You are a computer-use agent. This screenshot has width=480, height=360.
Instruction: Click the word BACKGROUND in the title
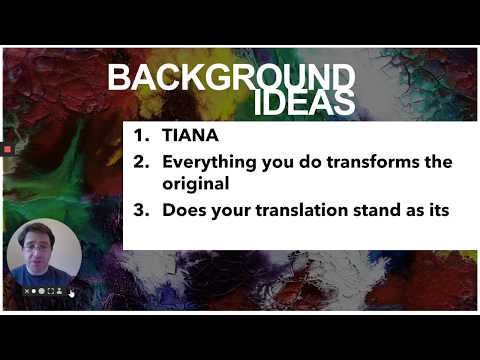tap(231, 78)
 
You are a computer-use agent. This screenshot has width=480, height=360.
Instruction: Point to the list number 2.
tap(141, 162)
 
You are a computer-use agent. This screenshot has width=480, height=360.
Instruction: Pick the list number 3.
tap(141, 211)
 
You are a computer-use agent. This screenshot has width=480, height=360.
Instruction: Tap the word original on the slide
tap(195, 184)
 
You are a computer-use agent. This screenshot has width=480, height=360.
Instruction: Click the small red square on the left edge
tap(6, 150)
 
